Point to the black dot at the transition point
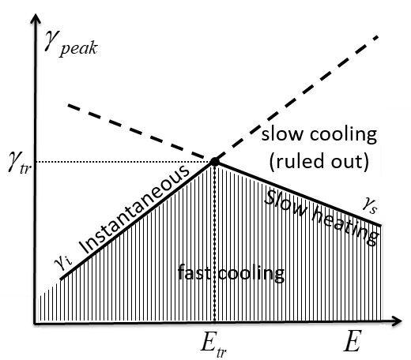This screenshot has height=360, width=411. tap(213, 163)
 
